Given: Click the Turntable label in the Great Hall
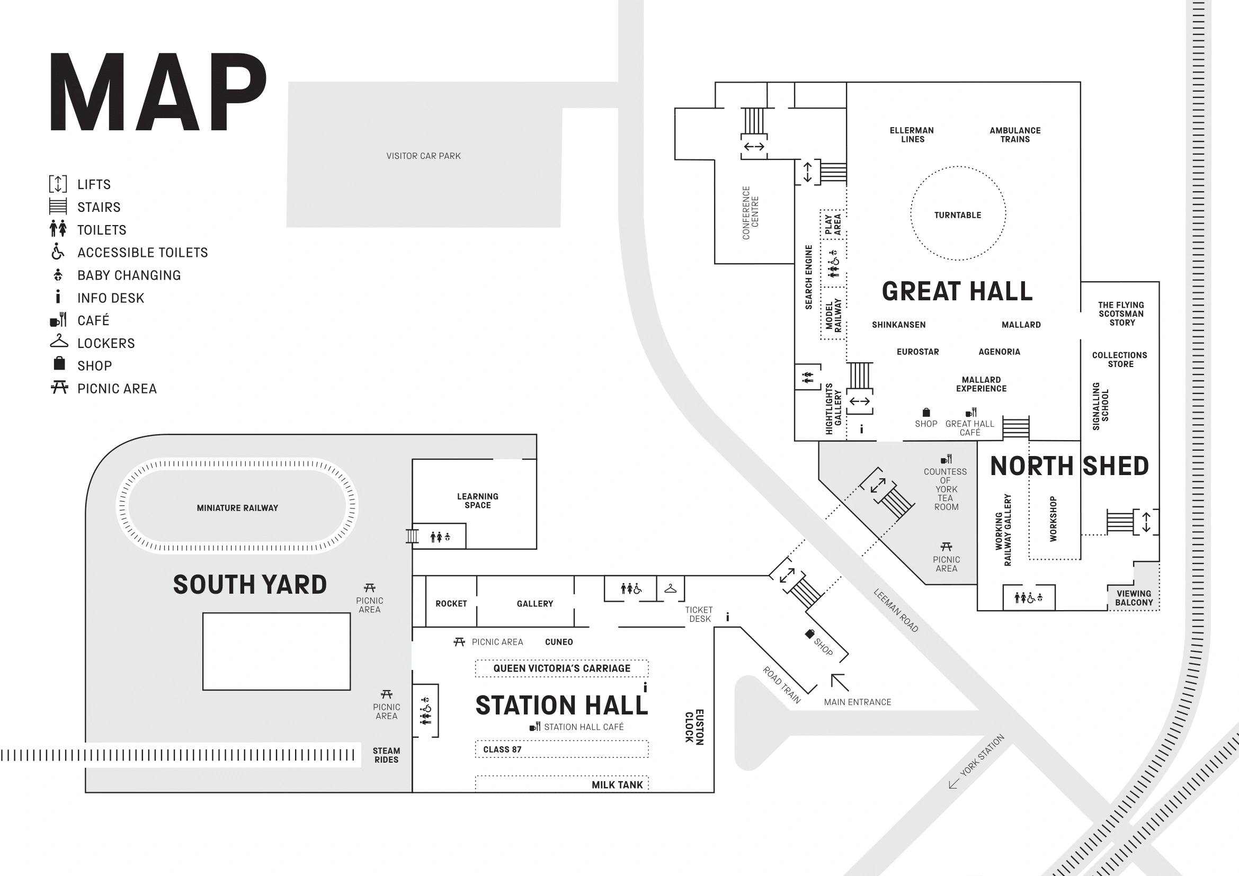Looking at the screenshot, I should [x=957, y=215].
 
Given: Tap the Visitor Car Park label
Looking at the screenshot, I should [x=423, y=156].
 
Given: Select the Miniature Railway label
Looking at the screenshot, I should [x=237, y=508].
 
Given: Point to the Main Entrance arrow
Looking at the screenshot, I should [x=839, y=682].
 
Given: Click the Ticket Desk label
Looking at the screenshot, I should [x=699, y=614].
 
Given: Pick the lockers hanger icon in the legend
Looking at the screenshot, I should [x=59, y=342].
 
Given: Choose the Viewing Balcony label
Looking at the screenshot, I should [x=1134, y=597].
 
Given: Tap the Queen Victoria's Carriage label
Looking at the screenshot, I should [x=561, y=668].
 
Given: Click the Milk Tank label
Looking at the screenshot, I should [x=617, y=785].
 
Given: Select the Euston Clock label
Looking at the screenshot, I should [x=694, y=727].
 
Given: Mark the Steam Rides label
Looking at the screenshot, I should [x=386, y=755].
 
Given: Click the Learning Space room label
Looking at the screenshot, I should [x=478, y=500].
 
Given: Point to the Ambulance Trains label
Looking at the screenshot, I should [x=1014, y=135].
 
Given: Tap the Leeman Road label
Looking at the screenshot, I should [x=896, y=610].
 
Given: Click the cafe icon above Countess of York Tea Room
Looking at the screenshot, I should [x=946, y=460].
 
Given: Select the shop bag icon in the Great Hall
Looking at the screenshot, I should [x=926, y=413].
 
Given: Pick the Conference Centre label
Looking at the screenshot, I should [x=750, y=213].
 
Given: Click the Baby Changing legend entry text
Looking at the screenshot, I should [x=129, y=275].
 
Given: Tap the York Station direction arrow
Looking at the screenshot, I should [x=954, y=783].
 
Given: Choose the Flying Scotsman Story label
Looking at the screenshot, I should [x=1121, y=314].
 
